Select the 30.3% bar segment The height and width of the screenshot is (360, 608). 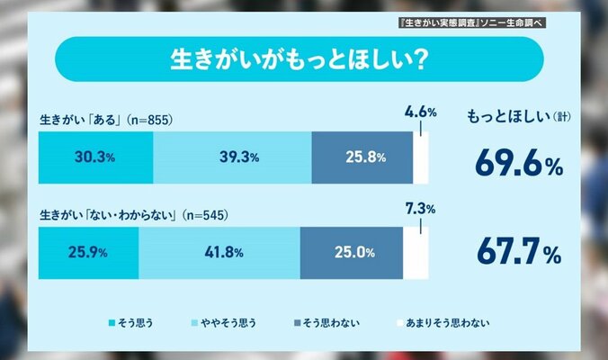pos(96,157)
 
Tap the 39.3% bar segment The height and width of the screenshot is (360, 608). pos(233,157)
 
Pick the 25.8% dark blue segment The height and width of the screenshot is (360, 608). pos(362,157)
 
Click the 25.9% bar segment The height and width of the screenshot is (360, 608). pos(89,253)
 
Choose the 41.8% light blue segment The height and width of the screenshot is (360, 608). pos(219,253)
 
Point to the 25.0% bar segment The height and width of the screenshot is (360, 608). pos(352,253)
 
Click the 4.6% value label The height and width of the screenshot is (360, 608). pos(420,113)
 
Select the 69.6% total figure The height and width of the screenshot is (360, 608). pos(517,164)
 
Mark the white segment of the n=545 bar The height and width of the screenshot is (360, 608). pos(416,253)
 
